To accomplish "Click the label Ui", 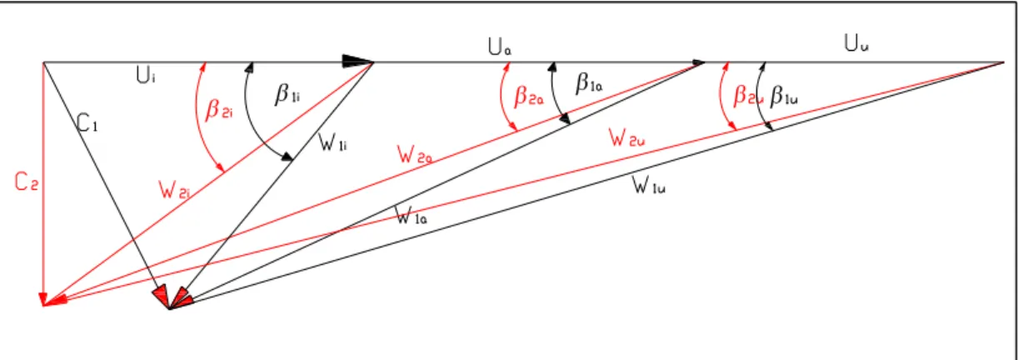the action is coord(146,75).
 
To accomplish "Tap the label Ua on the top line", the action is coord(500,47).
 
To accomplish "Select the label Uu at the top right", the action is coord(856,43).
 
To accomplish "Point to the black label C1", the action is coord(87,123).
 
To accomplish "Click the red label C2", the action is coord(27,182).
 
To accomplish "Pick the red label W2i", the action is coord(174,190).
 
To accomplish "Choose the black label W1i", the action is coord(333,142).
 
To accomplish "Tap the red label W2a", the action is coord(415,154).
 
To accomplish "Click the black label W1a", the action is coord(412,216).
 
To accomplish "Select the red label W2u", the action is coord(626,137).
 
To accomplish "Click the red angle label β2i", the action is coord(219,109).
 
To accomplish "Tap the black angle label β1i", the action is coord(287,94).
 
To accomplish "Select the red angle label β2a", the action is coord(528,97).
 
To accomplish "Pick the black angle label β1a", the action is coord(589,83).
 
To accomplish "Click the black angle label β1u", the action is coord(784,97).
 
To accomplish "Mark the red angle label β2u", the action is coord(747,96).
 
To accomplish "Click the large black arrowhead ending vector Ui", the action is coord(357,62).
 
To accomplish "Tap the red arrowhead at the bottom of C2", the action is coord(43,299).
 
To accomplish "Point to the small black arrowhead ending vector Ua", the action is coord(698,62).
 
